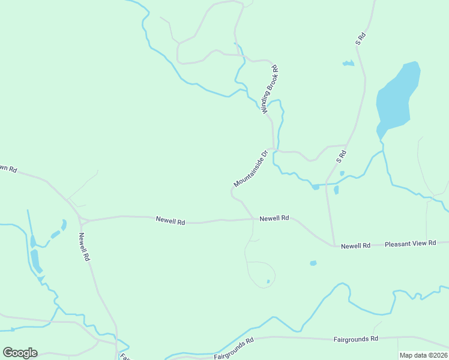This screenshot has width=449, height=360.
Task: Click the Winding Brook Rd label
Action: tap(270, 90)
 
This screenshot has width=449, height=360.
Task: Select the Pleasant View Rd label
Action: tap(410, 244)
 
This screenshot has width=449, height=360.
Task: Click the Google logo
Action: tap(20, 353)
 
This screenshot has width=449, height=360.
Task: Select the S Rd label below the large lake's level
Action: tap(342, 157)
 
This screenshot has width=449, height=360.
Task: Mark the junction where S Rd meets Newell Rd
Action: tap(334, 245)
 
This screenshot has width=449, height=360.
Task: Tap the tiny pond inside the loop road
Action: tap(268, 281)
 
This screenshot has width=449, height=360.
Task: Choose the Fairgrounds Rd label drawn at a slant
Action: tap(234, 348)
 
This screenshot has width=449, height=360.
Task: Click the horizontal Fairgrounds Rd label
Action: tap(356, 339)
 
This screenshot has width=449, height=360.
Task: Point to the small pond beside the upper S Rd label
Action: tap(348, 63)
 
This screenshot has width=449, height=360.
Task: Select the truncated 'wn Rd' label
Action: tap(7, 168)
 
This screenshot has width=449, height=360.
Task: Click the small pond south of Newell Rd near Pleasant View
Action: tap(313, 263)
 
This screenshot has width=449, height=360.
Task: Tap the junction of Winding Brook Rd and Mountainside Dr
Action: tap(274, 148)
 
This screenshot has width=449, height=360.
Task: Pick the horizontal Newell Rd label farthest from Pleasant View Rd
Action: tap(170, 221)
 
